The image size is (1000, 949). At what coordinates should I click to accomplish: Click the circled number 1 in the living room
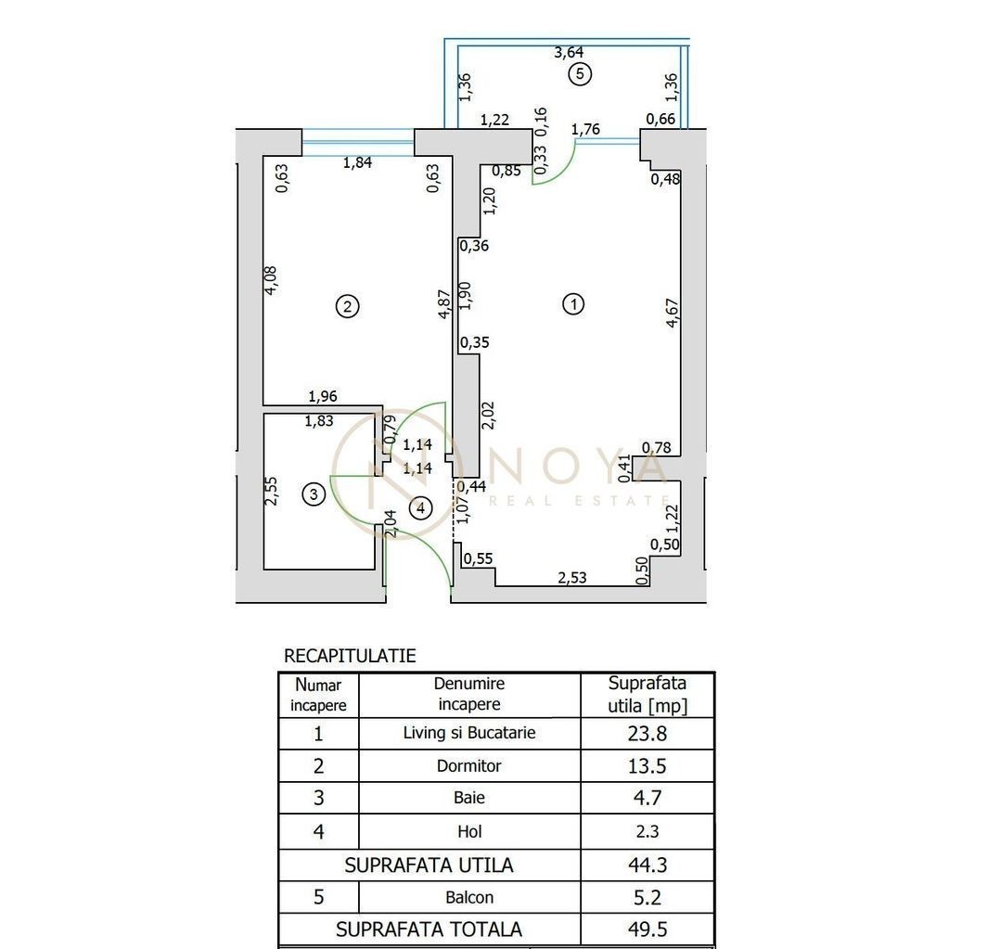(x=573, y=303)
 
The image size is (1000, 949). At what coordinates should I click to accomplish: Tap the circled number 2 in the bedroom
(x=347, y=307)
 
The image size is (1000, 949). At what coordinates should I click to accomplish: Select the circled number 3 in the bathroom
(x=314, y=494)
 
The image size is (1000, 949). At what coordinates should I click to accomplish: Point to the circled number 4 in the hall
(x=420, y=508)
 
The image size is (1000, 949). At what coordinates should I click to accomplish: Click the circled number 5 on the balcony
(x=579, y=73)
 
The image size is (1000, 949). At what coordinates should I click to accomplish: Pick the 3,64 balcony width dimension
(x=569, y=52)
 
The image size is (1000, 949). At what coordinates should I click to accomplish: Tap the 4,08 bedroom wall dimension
(x=271, y=280)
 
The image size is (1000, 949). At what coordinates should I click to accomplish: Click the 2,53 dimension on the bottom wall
(x=572, y=577)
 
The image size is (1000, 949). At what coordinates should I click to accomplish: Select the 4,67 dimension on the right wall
(x=673, y=314)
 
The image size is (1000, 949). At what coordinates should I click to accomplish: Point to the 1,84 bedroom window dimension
(x=357, y=162)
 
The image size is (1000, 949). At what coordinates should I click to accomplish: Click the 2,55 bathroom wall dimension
(x=271, y=491)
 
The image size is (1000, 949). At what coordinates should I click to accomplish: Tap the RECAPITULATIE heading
(x=350, y=656)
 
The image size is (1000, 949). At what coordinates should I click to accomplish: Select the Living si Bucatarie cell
(x=469, y=733)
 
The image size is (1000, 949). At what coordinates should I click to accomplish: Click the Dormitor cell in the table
(x=468, y=765)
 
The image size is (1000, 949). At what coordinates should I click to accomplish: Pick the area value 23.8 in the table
(x=647, y=734)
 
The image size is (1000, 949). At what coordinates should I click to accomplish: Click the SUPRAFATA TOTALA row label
(x=429, y=930)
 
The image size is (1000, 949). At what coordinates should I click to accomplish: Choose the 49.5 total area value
(x=647, y=930)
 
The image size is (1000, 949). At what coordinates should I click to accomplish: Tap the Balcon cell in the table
(x=469, y=897)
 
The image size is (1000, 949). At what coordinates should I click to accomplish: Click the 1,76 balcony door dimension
(x=585, y=129)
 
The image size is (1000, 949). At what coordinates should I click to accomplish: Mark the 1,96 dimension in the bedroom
(x=323, y=396)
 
